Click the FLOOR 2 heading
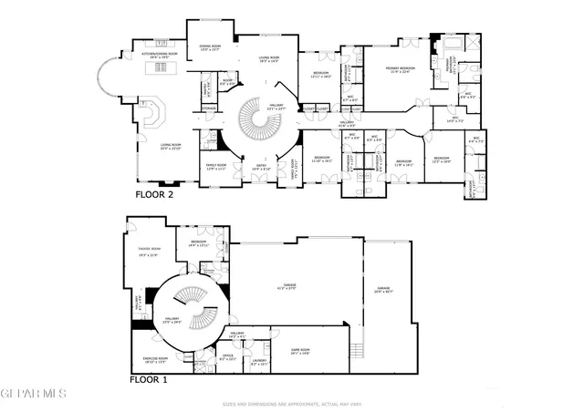tap(154, 194)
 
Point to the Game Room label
tap(301, 352)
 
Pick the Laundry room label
tap(258, 360)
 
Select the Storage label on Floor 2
tap(209, 109)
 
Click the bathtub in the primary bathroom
tap(452, 46)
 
